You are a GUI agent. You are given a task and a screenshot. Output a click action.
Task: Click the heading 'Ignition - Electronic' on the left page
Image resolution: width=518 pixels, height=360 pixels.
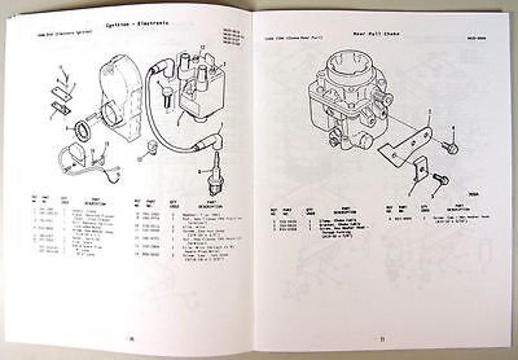click(138, 24)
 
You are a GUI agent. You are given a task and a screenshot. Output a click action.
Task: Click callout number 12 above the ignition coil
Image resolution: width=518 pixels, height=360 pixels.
click(203, 46)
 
